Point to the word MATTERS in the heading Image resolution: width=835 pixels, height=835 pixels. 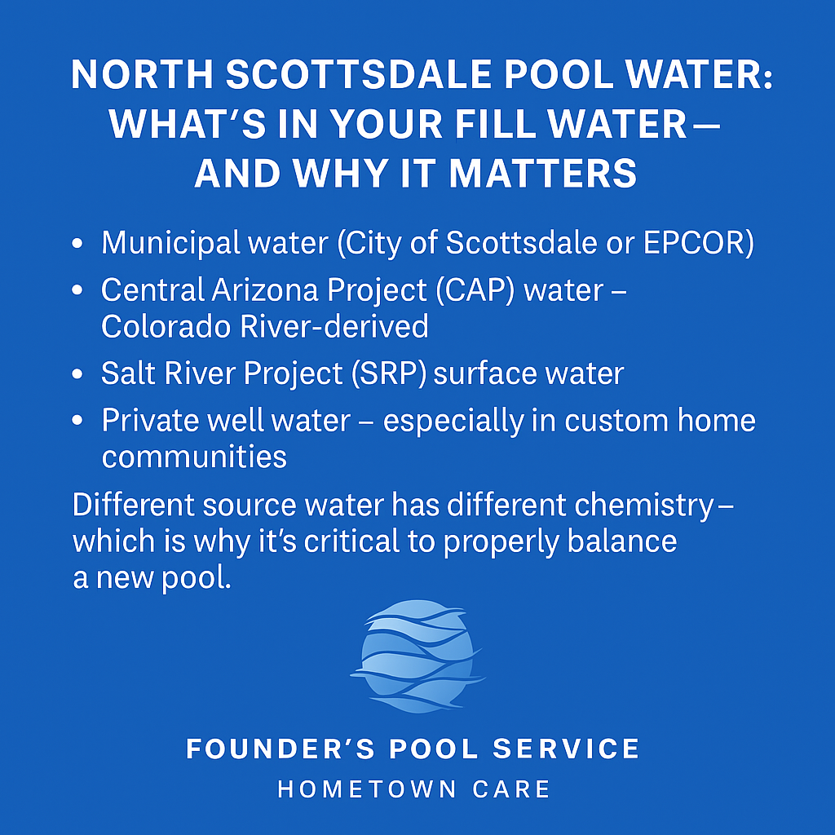coord(542,173)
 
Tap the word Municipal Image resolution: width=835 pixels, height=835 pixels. coord(170,244)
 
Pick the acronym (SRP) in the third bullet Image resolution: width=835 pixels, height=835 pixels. coord(389,373)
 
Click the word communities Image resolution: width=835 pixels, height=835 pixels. coord(194,457)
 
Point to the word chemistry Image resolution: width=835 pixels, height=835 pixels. coord(643,506)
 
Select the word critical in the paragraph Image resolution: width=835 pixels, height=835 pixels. coord(351,541)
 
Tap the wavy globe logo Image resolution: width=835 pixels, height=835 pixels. coord(417,656)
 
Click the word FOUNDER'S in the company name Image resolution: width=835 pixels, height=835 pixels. coord(281,749)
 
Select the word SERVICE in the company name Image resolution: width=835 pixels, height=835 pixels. coord(566,749)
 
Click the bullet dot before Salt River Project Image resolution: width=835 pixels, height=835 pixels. coord(77,373)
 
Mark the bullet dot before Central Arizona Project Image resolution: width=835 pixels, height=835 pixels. coord(77,290)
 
